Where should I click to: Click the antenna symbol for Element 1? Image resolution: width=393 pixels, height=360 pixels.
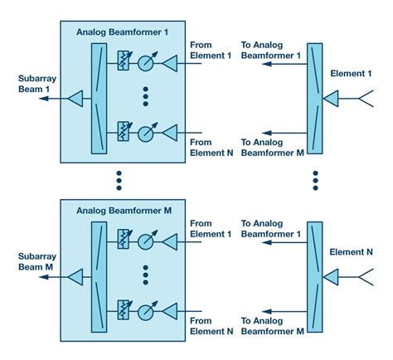tap(366, 100)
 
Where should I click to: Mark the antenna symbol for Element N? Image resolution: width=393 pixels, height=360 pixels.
tap(366, 279)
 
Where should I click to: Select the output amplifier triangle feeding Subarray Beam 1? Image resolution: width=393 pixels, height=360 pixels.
tap(75, 100)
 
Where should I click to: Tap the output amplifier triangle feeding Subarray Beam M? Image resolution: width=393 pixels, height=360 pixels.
tap(75, 280)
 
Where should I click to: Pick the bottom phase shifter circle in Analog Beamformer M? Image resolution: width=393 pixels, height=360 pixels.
tap(146, 312)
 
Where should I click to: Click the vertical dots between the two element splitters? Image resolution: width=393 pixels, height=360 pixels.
tap(315, 179)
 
